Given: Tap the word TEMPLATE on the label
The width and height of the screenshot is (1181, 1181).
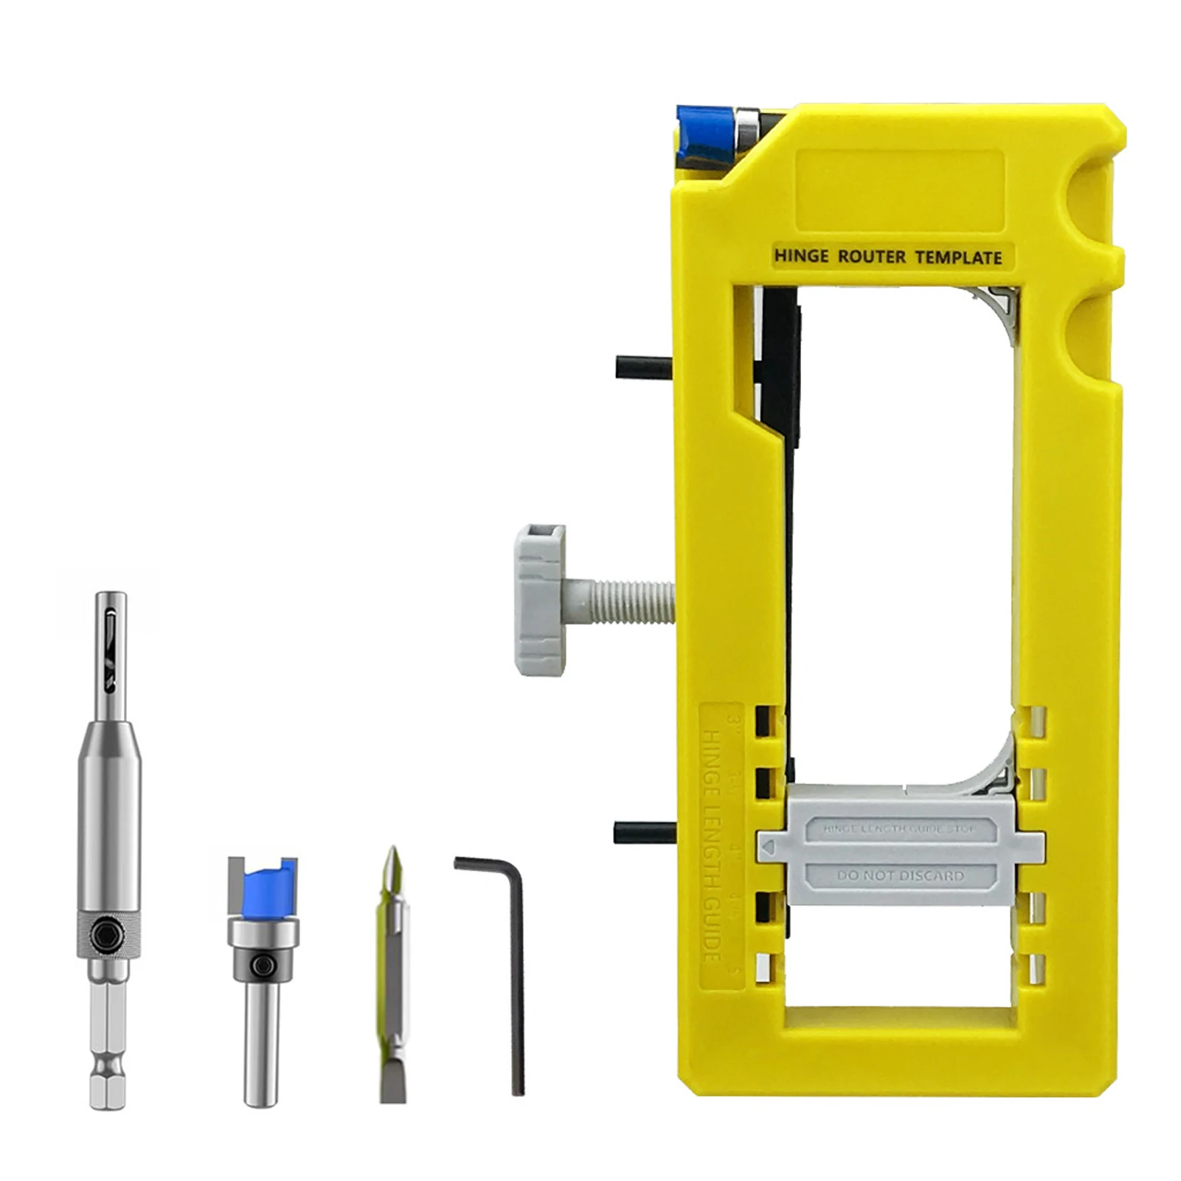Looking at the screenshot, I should coord(958,257).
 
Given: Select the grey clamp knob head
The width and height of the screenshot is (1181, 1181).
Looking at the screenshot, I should coord(540,600).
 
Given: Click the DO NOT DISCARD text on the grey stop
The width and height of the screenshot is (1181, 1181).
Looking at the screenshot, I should coord(900,876).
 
